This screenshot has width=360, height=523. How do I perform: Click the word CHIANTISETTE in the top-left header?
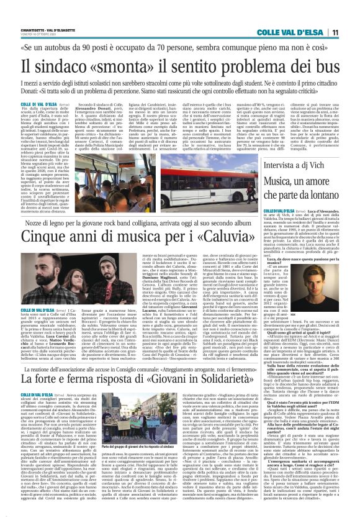click(32, 27)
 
